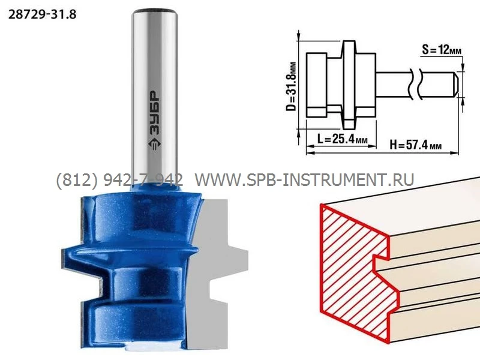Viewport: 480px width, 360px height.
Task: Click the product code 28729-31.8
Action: point(42,14)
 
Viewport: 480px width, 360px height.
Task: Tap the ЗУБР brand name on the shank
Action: point(155,113)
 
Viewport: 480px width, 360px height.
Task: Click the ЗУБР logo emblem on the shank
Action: point(155,144)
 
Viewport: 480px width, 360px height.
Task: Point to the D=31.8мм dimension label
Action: point(292,86)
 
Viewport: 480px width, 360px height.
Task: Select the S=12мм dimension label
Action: point(441,49)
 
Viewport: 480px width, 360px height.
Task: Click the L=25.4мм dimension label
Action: point(341,139)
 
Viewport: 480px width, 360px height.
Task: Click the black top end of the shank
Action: point(155,12)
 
